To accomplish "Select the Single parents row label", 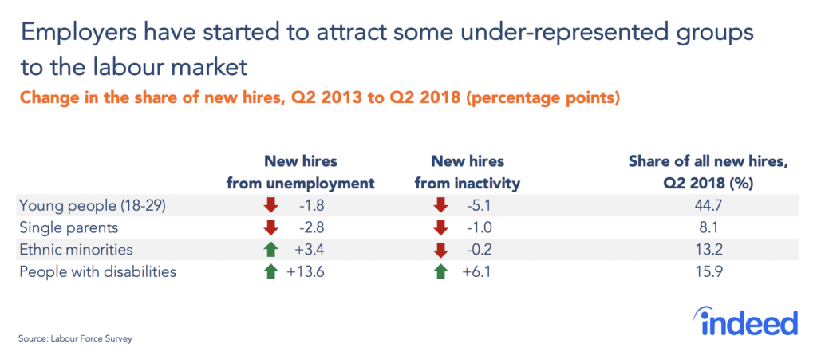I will [x=59, y=227].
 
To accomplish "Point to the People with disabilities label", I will [x=97, y=271].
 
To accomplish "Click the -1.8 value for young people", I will [x=312, y=205].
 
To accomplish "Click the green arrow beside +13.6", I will [x=271, y=271].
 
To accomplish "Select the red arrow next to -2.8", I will [x=271, y=227].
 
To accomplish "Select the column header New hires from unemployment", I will [x=301, y=172].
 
